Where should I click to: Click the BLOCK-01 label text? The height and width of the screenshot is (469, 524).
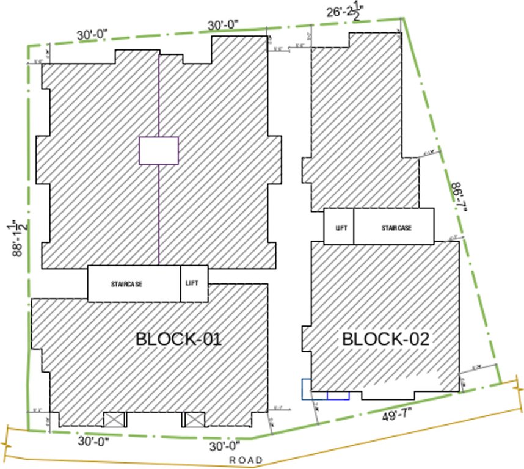178,339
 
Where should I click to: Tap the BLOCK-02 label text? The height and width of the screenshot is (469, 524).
385,339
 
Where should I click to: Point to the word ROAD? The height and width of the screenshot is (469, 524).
246,460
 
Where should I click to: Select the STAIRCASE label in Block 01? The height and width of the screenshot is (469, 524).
127,284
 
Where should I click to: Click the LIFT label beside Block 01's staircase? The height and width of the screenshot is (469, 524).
192,283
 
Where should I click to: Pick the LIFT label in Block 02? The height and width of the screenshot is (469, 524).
341,228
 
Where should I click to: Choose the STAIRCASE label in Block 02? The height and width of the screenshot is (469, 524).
396,228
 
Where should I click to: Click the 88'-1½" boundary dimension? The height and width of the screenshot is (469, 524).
18,238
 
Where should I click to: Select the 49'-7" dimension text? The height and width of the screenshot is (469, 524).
398,417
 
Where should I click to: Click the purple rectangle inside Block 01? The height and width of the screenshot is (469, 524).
159,151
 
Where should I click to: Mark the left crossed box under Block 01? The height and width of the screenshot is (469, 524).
114,420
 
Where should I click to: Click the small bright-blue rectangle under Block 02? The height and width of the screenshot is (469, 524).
338,396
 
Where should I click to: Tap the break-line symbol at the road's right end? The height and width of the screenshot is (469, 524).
518,391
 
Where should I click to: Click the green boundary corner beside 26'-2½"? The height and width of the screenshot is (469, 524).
402,18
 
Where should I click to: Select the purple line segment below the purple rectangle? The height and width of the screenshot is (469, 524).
159,214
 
